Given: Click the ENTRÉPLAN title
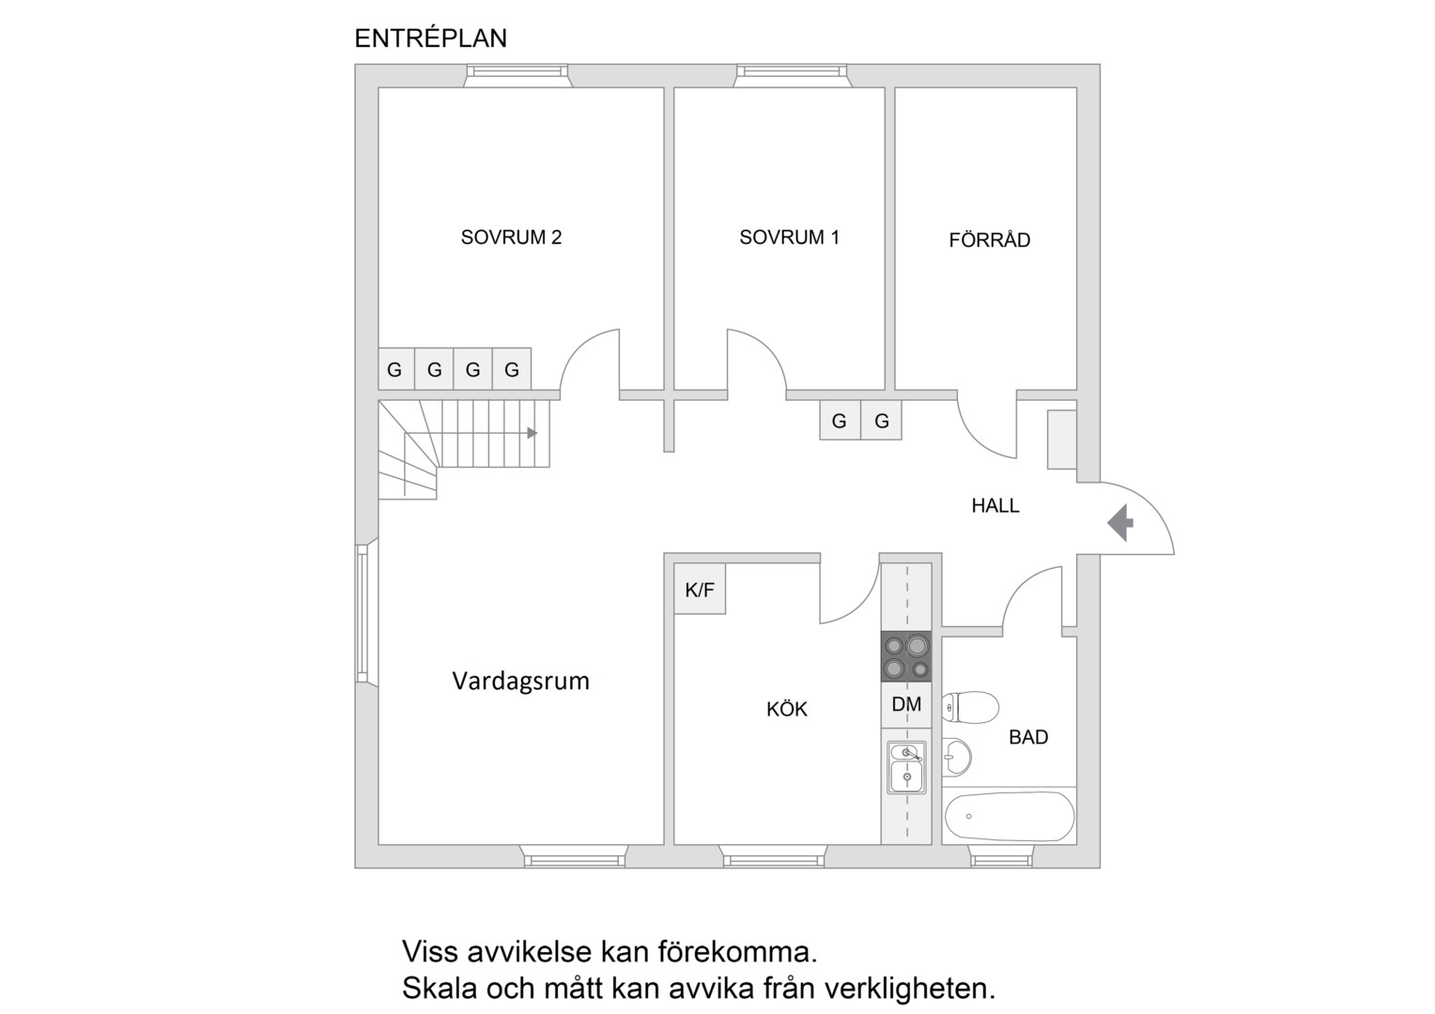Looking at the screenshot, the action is [430, 38].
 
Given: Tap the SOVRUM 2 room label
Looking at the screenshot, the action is [511, 238].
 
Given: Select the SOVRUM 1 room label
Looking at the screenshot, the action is [789, 238].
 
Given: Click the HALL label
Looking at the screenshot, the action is [995, 506].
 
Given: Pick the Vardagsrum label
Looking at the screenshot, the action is [521, 682].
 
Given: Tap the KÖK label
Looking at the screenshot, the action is [787, 709].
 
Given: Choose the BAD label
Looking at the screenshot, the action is [1028, 737].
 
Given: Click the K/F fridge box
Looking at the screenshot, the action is [700, 589].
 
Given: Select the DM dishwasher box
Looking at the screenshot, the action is [906, 704].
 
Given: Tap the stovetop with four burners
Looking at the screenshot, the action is [906, 656].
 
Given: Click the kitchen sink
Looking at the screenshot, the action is [906, 767].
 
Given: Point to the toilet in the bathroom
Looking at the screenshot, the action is [970, 707].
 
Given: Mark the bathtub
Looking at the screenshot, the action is [1009, 816].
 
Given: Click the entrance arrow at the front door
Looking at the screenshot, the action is [1120, 523].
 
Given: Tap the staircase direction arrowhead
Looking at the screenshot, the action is [532, 434].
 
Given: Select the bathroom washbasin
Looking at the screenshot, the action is [956, 757].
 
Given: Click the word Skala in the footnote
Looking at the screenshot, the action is [440, 989].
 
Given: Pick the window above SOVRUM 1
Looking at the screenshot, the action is [792, 76].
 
